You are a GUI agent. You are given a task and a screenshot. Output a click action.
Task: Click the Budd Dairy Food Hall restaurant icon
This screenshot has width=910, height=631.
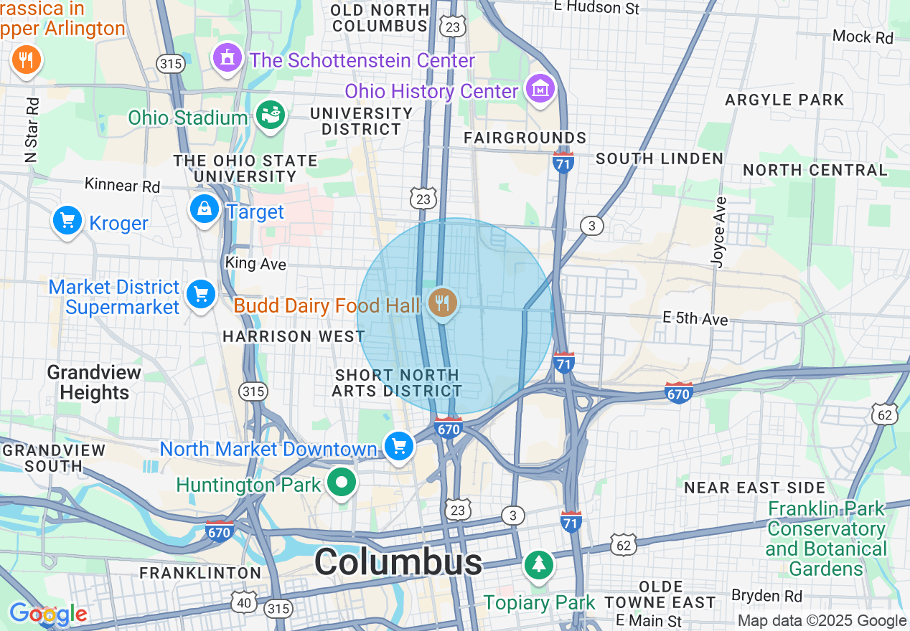point(443,303)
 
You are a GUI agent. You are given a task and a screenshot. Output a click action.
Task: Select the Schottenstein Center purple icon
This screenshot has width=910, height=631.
point(228,57)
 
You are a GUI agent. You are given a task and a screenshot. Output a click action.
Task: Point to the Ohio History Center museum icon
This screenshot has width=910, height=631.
point(540,89)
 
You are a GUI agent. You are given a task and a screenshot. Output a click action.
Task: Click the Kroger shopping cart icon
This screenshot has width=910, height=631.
point(67,220)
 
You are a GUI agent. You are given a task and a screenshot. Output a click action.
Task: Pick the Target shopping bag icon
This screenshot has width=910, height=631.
point(205,209)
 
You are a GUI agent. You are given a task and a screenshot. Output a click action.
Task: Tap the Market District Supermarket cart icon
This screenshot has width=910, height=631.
point(200,294)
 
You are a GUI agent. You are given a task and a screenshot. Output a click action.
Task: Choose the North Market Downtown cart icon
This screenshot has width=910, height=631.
point(399,447)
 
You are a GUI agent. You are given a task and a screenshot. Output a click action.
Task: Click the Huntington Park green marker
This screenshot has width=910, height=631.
point(342,483)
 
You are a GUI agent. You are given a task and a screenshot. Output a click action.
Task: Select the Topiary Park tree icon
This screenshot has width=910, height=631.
point(538,564)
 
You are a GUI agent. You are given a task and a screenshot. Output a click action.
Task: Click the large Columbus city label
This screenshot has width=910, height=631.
point(398,561)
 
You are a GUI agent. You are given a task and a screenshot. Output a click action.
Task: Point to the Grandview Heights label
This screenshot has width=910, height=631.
point(94,382)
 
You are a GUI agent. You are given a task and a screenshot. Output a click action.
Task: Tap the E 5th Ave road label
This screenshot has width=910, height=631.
point(695,318)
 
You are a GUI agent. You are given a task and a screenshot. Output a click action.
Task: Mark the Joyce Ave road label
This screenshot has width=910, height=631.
point(718,232)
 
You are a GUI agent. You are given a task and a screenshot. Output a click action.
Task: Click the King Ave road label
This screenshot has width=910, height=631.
point(255,264)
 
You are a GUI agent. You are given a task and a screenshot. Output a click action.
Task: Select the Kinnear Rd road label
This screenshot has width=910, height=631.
point(122,185)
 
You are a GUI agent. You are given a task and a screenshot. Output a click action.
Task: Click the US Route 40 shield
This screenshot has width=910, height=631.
point(244,602)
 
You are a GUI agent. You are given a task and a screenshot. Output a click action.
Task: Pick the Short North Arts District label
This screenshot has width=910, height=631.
point(397,383)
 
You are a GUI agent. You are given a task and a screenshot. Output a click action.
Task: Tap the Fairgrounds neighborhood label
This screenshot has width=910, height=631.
point(525,138)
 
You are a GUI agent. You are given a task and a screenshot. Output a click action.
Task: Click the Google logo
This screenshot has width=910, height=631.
point(47,614)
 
